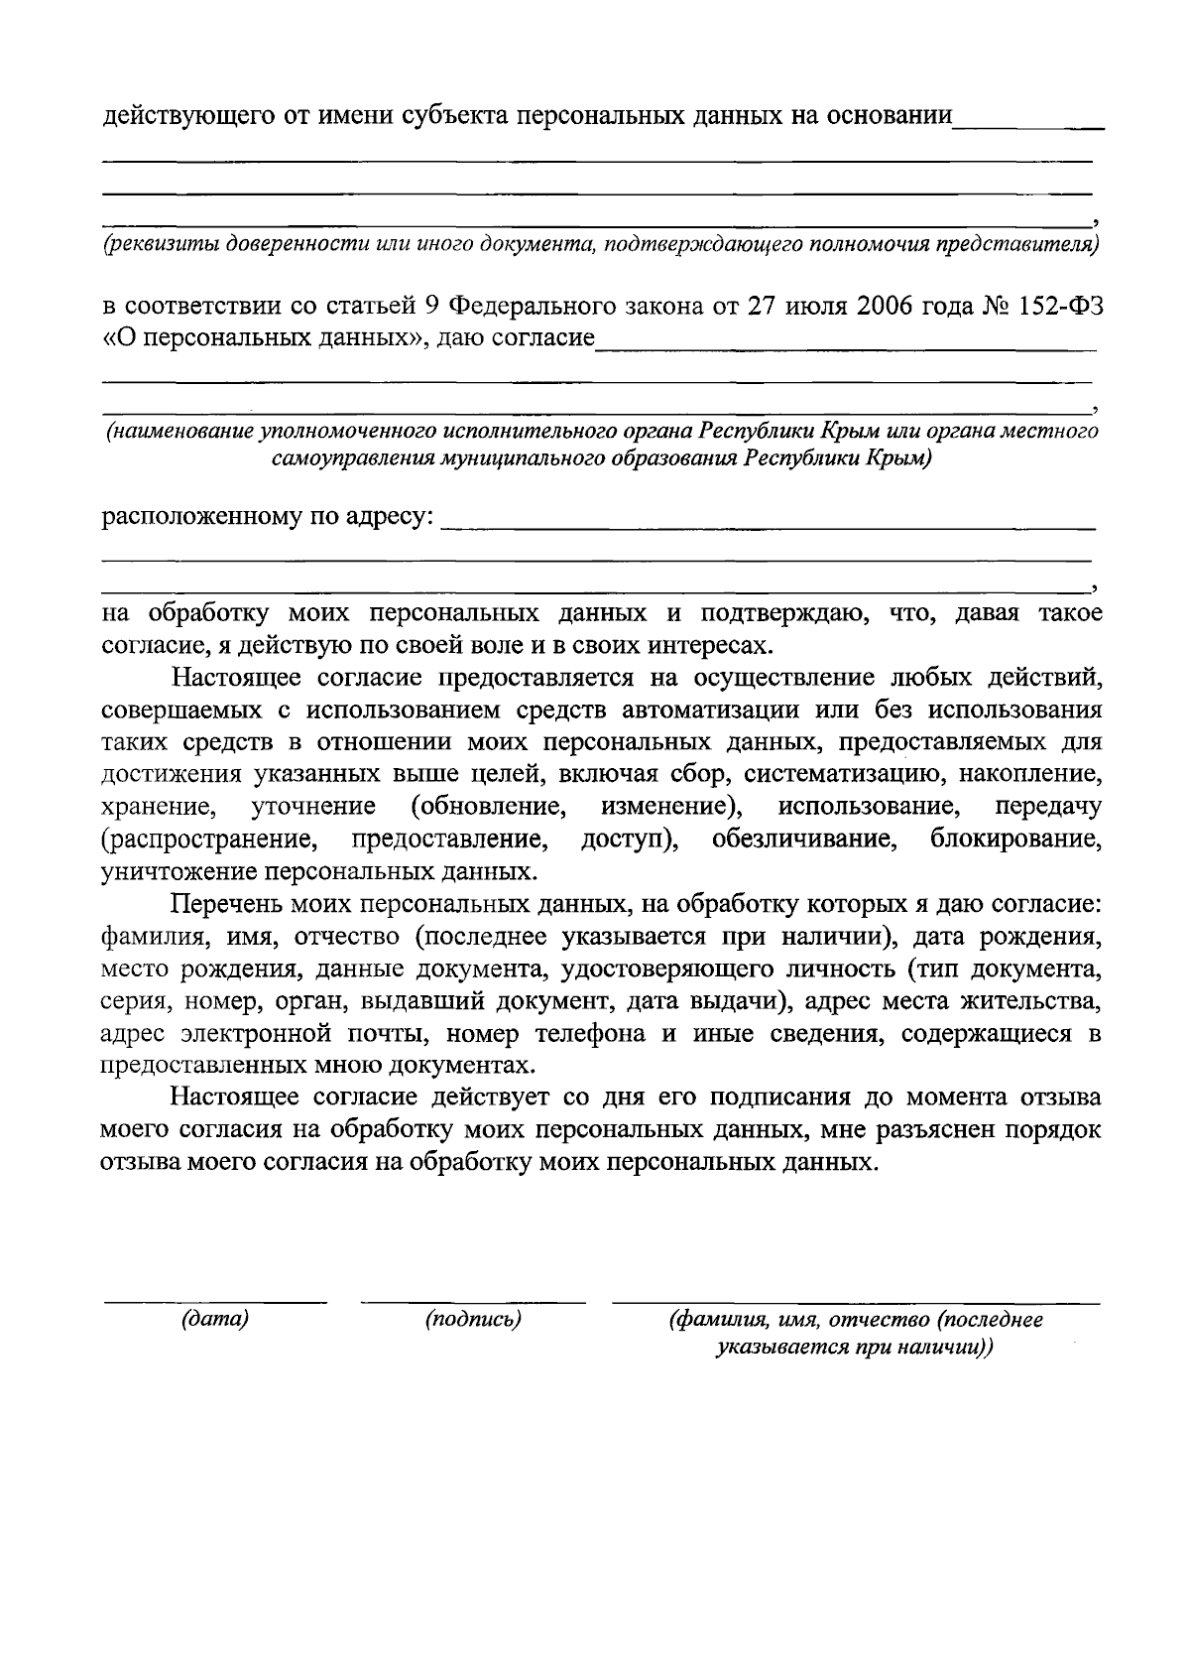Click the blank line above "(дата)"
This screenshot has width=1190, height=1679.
click(x=215, y=1300)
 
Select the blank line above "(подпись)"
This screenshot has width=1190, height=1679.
click(x=473, y=1300)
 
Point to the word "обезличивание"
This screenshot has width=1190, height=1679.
click(x=805, y=839)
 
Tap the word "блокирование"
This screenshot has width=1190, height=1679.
click(x=1015, y=839)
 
